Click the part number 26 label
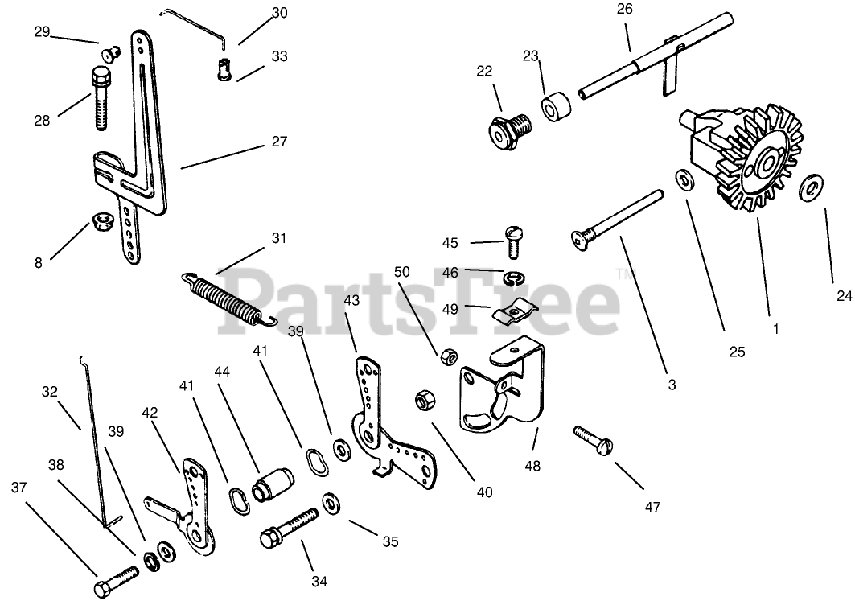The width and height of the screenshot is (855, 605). pyautogui.click(x=625, y=10)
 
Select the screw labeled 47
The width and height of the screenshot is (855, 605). pyautogui.click(x=594, y=438)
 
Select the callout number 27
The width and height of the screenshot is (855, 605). pyautogui.click(x=279, y=141)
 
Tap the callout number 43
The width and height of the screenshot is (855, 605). pyautogui.click(x=351, y=299)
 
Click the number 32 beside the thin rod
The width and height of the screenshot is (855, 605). pyautogui.click(x=50, y=393)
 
